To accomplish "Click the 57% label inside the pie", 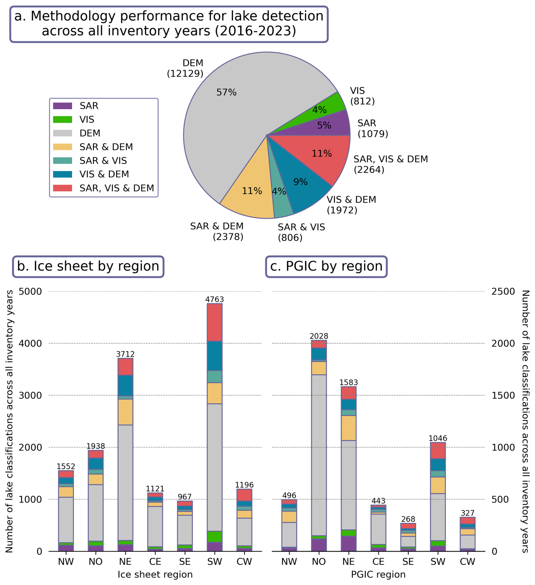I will [x=226, y=92].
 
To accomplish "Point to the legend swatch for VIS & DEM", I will [x=62, y=174].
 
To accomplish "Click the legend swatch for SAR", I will [x=62, y=106].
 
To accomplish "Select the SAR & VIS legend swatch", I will [x=62, y=161].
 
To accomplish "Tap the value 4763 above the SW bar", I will [x=215, y=299].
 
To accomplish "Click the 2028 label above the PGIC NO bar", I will [x=319, y=336].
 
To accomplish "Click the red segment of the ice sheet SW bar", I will [x=215, y=322].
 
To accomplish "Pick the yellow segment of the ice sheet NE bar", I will [x=125, y=412].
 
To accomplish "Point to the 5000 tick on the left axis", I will [x=30, y=291].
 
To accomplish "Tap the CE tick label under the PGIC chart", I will [x=378, y=562].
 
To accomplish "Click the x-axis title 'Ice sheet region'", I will [x=155, y=575].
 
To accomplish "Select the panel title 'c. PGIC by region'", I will [x=326, y=266].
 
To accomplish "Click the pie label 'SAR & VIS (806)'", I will [x=301, y=232].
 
